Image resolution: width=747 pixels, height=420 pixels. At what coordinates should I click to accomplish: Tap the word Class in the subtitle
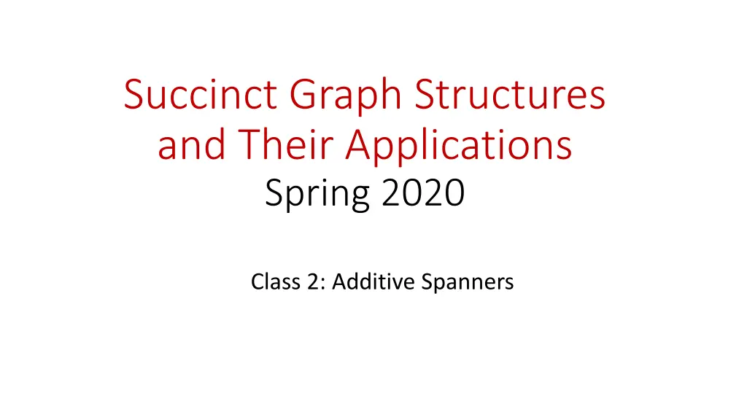point(272,281)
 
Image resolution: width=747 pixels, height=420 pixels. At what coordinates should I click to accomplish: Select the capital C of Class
point(257,281)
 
